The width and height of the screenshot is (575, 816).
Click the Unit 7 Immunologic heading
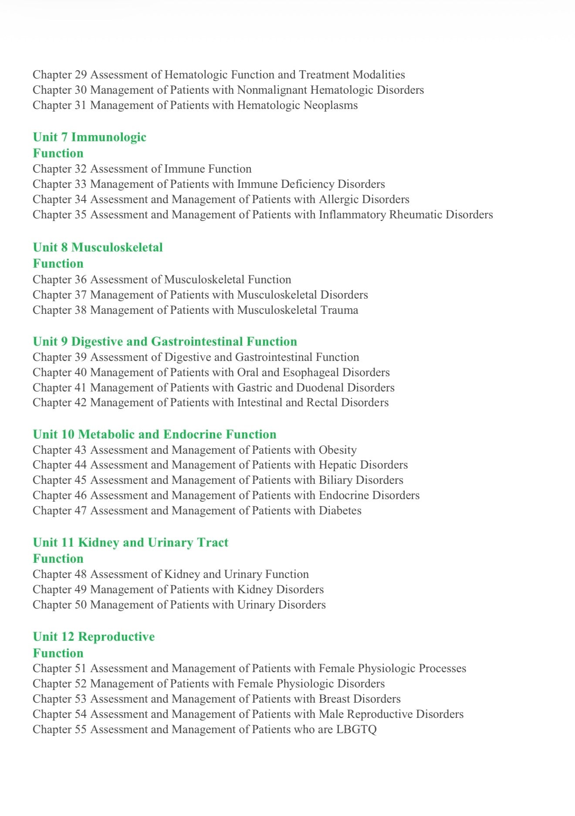[x=89, y=137]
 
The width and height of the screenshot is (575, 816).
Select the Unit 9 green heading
[x=165, y=341]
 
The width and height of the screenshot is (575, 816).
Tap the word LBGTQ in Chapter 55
[x=356, y=729]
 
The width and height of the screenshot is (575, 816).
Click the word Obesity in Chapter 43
[x=338, y=450]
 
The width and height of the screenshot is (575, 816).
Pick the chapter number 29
[x=80, y=75]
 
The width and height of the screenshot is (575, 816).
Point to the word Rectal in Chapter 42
[x=322, y=402]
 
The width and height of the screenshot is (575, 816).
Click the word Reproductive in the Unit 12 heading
[x=116, y=637]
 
